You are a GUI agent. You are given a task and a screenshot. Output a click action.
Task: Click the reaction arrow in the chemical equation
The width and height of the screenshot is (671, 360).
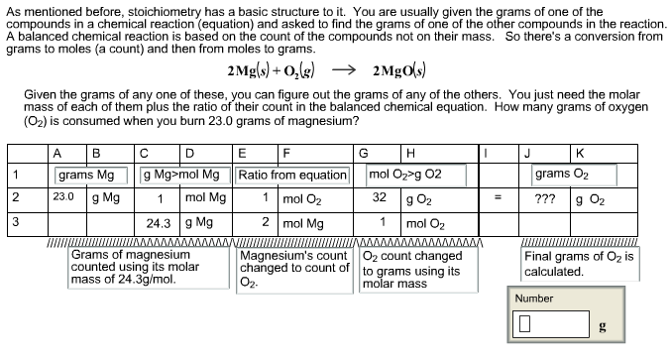343,70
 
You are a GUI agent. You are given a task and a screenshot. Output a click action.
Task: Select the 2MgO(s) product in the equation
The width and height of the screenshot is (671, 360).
399,70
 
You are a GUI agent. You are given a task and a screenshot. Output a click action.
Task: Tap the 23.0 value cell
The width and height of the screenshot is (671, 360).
62,198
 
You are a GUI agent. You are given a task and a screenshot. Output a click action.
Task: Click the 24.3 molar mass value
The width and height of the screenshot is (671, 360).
158,223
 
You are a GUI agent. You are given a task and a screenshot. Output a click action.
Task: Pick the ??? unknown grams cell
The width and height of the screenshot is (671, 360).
544,198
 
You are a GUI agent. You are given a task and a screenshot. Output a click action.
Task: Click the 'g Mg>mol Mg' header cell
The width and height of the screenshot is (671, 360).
181,176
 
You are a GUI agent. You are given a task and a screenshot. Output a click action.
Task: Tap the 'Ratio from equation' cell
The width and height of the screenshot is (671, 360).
293,176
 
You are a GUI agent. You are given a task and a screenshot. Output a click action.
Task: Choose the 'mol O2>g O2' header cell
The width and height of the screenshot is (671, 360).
405,176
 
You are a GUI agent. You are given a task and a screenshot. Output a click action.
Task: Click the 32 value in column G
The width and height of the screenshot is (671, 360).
380,198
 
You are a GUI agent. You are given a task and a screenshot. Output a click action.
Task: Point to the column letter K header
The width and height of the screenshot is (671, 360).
578,153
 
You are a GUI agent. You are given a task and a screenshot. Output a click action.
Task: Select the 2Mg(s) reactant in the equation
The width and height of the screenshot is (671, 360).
250,70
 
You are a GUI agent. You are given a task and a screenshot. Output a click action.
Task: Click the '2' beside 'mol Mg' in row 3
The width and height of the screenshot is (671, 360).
266,223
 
